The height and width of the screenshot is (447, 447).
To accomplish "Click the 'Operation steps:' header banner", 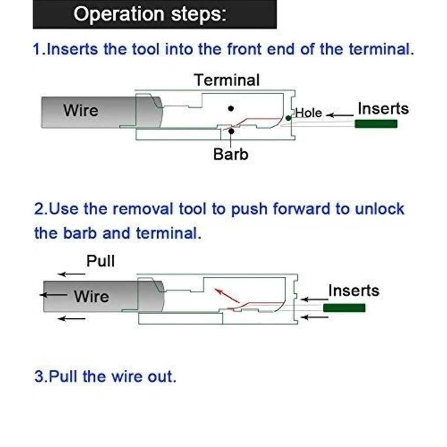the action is tap(155, 14).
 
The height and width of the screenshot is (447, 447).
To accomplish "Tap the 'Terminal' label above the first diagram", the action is tap(227, 80).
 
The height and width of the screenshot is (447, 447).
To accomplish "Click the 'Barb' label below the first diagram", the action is tap(231, 154).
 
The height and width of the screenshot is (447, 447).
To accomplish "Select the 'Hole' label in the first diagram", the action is tap(308, 113).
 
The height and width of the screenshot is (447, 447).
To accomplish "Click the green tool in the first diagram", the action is tap(376, 124).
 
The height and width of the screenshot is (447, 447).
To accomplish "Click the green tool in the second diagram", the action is tap(344, 308).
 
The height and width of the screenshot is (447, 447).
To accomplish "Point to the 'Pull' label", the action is tap(101, 261).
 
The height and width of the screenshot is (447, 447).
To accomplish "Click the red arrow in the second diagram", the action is tap(227, 295).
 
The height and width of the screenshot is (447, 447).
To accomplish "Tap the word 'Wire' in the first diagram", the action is tap(80, 110).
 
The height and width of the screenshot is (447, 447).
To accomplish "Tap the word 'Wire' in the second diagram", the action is tap(92, 296).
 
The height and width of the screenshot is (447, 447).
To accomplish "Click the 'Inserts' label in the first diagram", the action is tap(383, 109).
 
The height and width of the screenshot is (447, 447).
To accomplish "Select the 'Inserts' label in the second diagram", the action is tap(354, 291).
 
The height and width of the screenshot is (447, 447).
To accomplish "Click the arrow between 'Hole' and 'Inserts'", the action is tap(340, 115).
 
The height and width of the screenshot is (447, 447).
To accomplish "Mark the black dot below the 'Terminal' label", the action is tap(231, 108).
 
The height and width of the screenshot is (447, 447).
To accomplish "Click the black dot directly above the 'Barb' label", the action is tap(231, 131).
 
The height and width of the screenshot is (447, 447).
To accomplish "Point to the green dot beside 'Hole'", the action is tap(288, 118).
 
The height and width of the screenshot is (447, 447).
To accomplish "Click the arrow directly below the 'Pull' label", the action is tap(71, 274).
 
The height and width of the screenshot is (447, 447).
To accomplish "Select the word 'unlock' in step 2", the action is tap(380, 209).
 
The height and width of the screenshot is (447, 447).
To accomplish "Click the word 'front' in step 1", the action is tap(245, 49).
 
